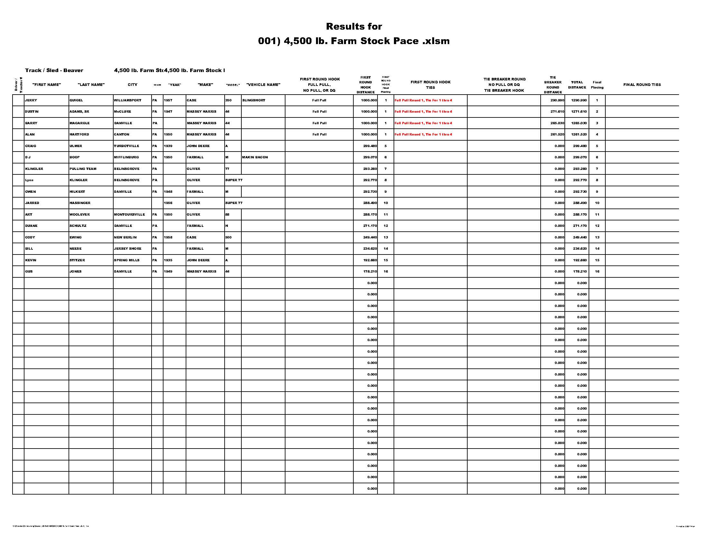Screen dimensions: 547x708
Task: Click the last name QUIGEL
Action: [x=76, y=100]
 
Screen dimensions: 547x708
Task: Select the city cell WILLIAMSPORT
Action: [x=128, y=100]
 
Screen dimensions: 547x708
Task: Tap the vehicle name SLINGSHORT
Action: [x=254, y=100]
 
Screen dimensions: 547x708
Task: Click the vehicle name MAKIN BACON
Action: [x=255, y=157]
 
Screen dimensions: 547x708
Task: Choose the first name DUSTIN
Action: [x=32, y=112]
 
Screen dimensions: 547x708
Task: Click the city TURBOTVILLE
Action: [x=126, y=146]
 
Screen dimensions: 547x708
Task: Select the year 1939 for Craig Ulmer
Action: [x=168, y=146]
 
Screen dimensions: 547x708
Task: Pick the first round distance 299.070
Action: [x=370, y=157]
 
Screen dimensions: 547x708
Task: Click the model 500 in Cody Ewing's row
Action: [x=228, y=237]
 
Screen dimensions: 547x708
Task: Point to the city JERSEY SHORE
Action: [x=128, y=249]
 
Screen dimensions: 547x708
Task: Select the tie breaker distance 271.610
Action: [x=557, y=112]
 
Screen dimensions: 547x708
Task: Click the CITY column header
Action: [x=132, y=85]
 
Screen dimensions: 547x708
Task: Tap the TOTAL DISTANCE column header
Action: [x=577, y=85]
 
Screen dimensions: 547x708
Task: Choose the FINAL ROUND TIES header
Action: [x=642, y=85]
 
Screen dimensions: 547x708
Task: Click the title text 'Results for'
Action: [x=354, y=26]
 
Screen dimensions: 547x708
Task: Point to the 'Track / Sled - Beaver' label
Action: [x=54, y=71]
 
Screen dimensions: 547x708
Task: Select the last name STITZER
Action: [x=77, y=260]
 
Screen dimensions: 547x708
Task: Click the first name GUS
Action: [x=29, y=272]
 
